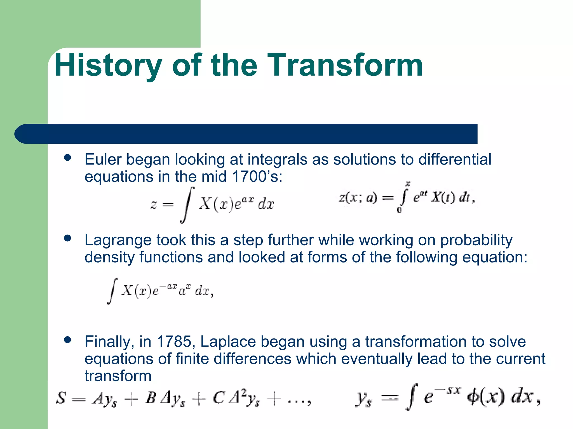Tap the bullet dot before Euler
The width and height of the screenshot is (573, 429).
(x=67, y=158)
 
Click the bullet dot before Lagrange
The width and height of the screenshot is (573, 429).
(x=67, y=238)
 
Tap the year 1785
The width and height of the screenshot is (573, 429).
(x=174, y=342)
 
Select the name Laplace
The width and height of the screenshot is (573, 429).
(x=228, y=342)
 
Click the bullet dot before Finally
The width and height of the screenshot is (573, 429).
(x=67, y=340)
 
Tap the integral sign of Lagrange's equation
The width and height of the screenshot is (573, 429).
(x=112, y=291)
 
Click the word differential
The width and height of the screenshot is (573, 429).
(x=455, y=159)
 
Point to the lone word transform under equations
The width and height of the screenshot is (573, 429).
(x=118, y=376)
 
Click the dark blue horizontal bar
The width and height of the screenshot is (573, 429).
(x=246, y=134)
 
